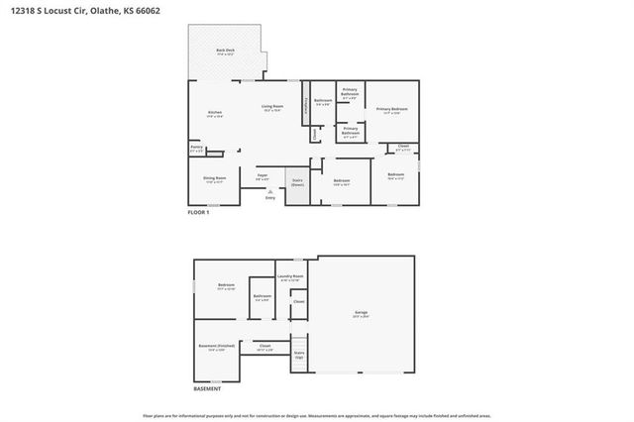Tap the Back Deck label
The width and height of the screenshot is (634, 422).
click(226, 52)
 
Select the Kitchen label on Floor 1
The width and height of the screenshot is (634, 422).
click(214, 113)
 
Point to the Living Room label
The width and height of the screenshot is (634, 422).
click(272, 107)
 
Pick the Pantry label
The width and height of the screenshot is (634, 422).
click(196, 150)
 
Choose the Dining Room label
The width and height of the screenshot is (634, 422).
click(214, 180)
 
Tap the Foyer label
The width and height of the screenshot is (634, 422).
click(264, 176)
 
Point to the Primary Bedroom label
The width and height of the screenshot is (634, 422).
click(393, 110)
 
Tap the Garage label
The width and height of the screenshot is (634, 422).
click(361, 315)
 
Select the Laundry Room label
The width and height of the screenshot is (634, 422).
click(290, 278)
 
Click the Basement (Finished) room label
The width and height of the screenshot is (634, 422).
click(217, 347)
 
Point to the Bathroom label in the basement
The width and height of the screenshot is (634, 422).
click(263, 297)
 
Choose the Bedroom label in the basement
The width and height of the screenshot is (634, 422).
click(226, 286)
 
